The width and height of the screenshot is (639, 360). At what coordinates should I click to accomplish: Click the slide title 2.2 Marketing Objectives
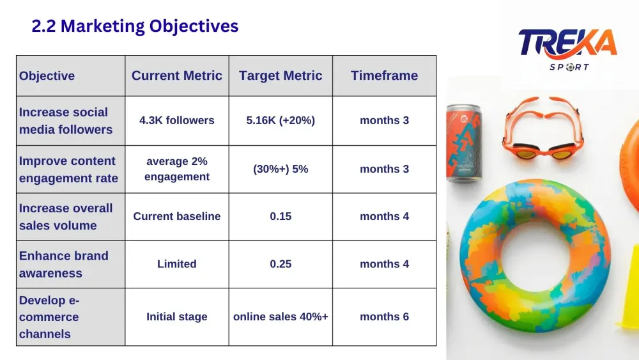tap(135, 26)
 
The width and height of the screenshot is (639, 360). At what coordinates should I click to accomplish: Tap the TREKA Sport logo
tap(567, 49)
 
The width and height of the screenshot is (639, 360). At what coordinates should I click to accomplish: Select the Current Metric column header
tap(177, 75)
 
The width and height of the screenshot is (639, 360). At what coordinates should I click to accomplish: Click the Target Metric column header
tap(281, 75)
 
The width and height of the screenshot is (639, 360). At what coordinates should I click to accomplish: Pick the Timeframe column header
tap(384, 75)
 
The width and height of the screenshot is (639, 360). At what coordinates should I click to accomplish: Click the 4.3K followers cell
tap(177, 120)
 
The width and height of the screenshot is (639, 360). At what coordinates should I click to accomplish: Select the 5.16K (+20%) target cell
tap(281, 120)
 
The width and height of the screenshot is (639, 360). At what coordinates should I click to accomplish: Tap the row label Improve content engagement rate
tap(68, 169)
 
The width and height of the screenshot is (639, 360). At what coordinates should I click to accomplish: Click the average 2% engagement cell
tap(177, 169)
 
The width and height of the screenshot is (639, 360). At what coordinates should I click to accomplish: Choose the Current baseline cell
tap(177, 216)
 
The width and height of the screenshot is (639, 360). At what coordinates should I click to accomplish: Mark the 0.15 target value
tap(281, 216)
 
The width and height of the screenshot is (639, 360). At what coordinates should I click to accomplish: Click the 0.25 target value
tap(281, 264)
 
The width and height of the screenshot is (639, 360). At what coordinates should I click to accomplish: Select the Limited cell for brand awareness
tap(177, 264)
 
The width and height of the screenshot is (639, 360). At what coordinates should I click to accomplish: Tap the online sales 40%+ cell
tap(281, 317)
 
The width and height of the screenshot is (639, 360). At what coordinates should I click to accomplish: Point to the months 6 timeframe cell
tap(384, 317)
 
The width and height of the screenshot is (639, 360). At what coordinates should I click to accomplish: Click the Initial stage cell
tap(177, 317)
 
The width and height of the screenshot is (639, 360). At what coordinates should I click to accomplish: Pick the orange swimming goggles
tap(543, 129)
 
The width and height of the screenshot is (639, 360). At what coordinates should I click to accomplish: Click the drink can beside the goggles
tap(464, 143)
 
